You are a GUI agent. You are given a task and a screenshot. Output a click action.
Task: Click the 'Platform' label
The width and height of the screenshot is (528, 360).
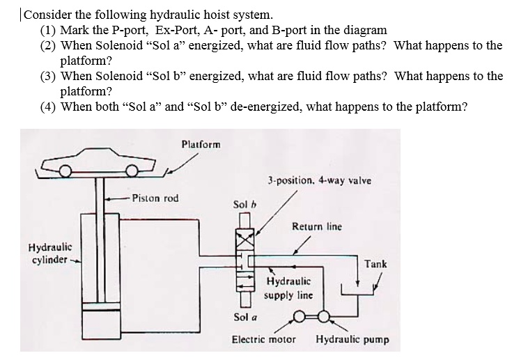200,145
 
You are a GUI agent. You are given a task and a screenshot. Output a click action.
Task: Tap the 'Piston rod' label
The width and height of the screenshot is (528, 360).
155,198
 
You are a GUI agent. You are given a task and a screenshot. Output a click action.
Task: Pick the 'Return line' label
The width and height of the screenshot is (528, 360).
316,227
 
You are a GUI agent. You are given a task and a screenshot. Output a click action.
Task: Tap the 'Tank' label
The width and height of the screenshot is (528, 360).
375,264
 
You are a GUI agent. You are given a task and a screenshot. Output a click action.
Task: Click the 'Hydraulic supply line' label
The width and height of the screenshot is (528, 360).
288,288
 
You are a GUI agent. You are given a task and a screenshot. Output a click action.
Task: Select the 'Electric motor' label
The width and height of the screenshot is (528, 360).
263,341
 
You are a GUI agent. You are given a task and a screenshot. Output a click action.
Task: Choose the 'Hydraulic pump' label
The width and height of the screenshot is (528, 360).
352,341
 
